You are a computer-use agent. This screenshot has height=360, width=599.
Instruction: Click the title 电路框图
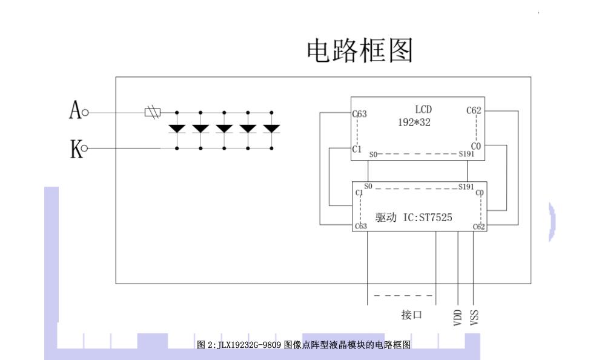[x=360, y=51]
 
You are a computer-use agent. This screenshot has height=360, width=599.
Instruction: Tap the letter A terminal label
[x=75, y=112]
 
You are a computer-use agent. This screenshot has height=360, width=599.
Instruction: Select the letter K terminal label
[x=76, y=148]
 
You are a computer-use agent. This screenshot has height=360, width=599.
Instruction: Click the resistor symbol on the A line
[x=151, y=112]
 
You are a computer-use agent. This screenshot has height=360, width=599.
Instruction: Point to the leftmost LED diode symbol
[x=177, y=128]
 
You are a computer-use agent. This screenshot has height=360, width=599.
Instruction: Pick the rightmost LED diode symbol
[x=271, y=128]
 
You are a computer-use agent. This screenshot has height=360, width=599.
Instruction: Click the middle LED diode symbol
[x=224, y=128]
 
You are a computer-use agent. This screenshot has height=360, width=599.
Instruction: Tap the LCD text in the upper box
[x=423, y=110]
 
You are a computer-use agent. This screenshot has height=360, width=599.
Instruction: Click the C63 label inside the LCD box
[x=360, y=113]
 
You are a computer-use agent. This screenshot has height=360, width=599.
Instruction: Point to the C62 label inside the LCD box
[x=474, y=110]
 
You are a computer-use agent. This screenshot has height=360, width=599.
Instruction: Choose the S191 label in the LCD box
[x=466, y=155]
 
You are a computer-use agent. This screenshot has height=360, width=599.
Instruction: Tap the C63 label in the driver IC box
[x=361, y=227]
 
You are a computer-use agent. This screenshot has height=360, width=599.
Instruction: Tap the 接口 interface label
[x=412, y=315]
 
